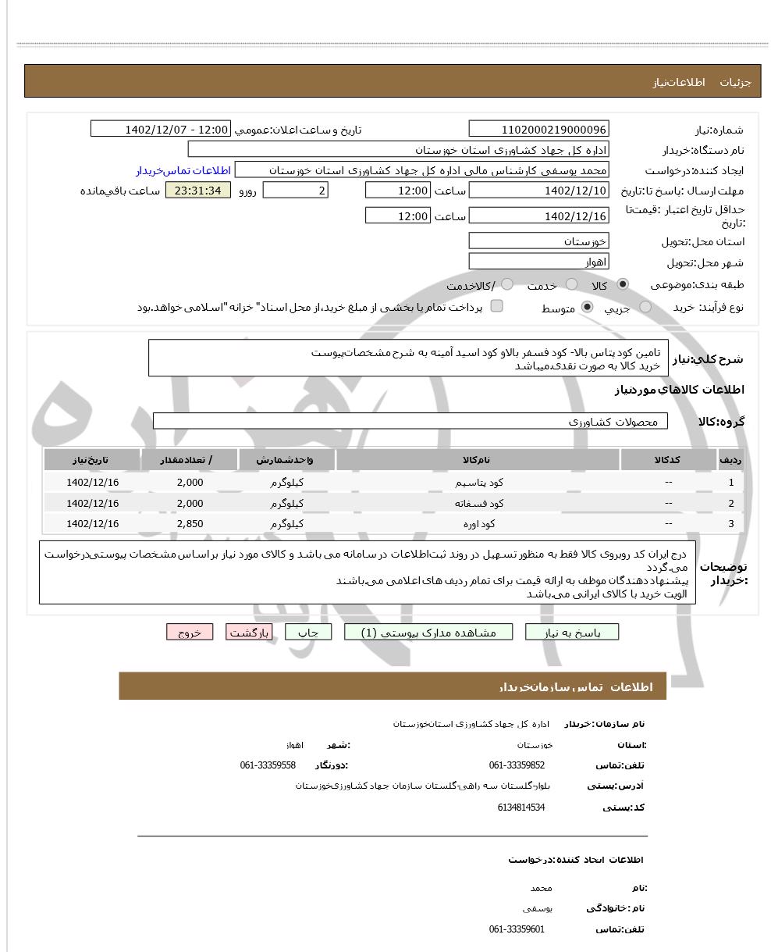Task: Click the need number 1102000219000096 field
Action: pos(538,130)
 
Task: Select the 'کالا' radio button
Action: pos(623,284)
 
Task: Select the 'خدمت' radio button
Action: pos(572,284)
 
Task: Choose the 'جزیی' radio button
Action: pos(645,308)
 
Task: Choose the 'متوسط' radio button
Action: pos(588,308)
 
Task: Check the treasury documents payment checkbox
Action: pos(496,306)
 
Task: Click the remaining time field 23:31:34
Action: pos(198,191)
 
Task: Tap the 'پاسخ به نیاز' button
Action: pos(572,633)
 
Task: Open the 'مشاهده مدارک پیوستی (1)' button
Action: pos(430,633)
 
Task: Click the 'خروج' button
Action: pos(190,633)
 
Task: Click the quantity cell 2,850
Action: pos(190,524)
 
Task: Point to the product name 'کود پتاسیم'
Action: pos(479,483)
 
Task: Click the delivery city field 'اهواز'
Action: pos(538,262)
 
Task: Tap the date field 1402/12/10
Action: pos(538,191)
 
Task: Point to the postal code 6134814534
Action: pos(521,808)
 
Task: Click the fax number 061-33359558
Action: pos(268,765)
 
